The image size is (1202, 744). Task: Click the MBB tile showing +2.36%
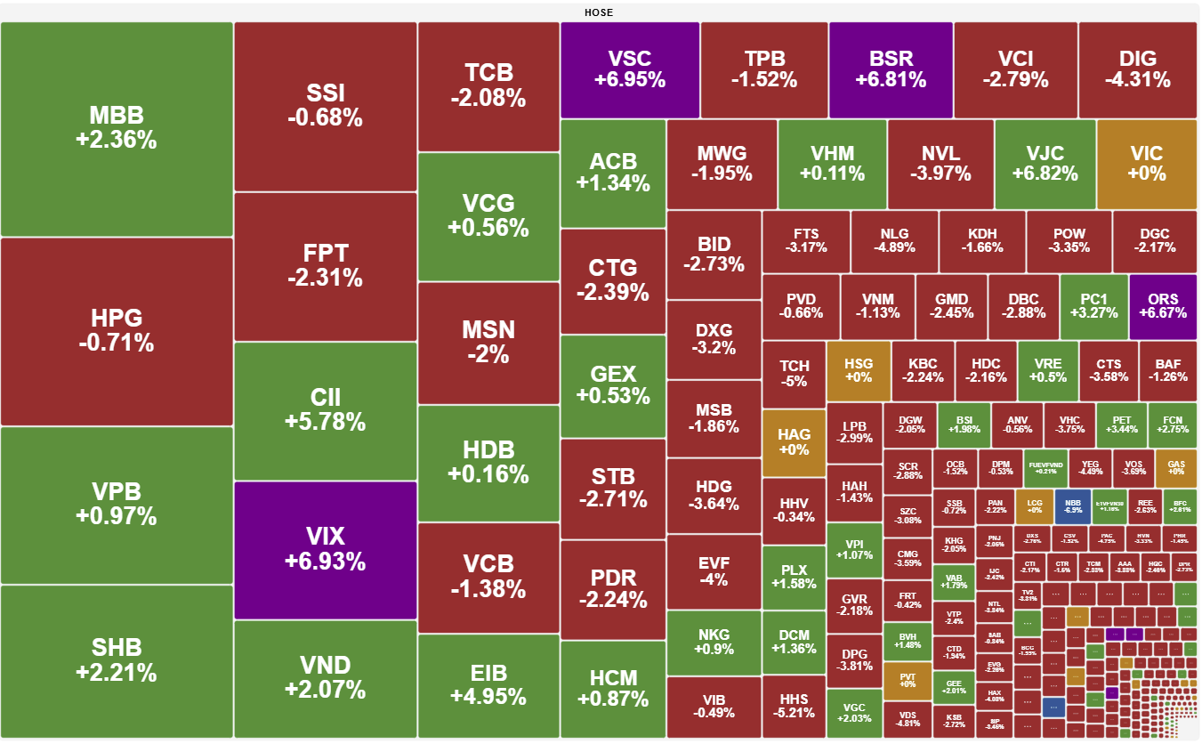pos(117,128)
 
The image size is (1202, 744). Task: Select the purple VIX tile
pos(325,549)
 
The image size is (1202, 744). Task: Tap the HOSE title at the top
pos(599,12)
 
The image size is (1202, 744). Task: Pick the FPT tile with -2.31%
pos(325,266)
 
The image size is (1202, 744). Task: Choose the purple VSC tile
pos(630,69)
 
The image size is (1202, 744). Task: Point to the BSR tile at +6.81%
pos(891,69)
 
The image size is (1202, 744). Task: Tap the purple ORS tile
pos(1163,306)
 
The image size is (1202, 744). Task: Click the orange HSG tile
pos(858,370)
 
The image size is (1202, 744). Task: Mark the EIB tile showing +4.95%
pos(488,683)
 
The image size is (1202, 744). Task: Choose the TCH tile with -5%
pos(794,373)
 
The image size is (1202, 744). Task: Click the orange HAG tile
pos(794,441)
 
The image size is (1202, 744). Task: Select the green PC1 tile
pos(1093,306)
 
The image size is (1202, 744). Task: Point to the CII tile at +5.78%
pos(325,410)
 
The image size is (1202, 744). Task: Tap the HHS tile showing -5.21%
pos(794,705)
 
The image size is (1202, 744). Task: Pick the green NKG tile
pos(714,642)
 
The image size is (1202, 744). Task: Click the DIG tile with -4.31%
pos(1137,69)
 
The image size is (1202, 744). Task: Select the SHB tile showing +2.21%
pos(117,659)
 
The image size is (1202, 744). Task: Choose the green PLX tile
pos(794,577)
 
